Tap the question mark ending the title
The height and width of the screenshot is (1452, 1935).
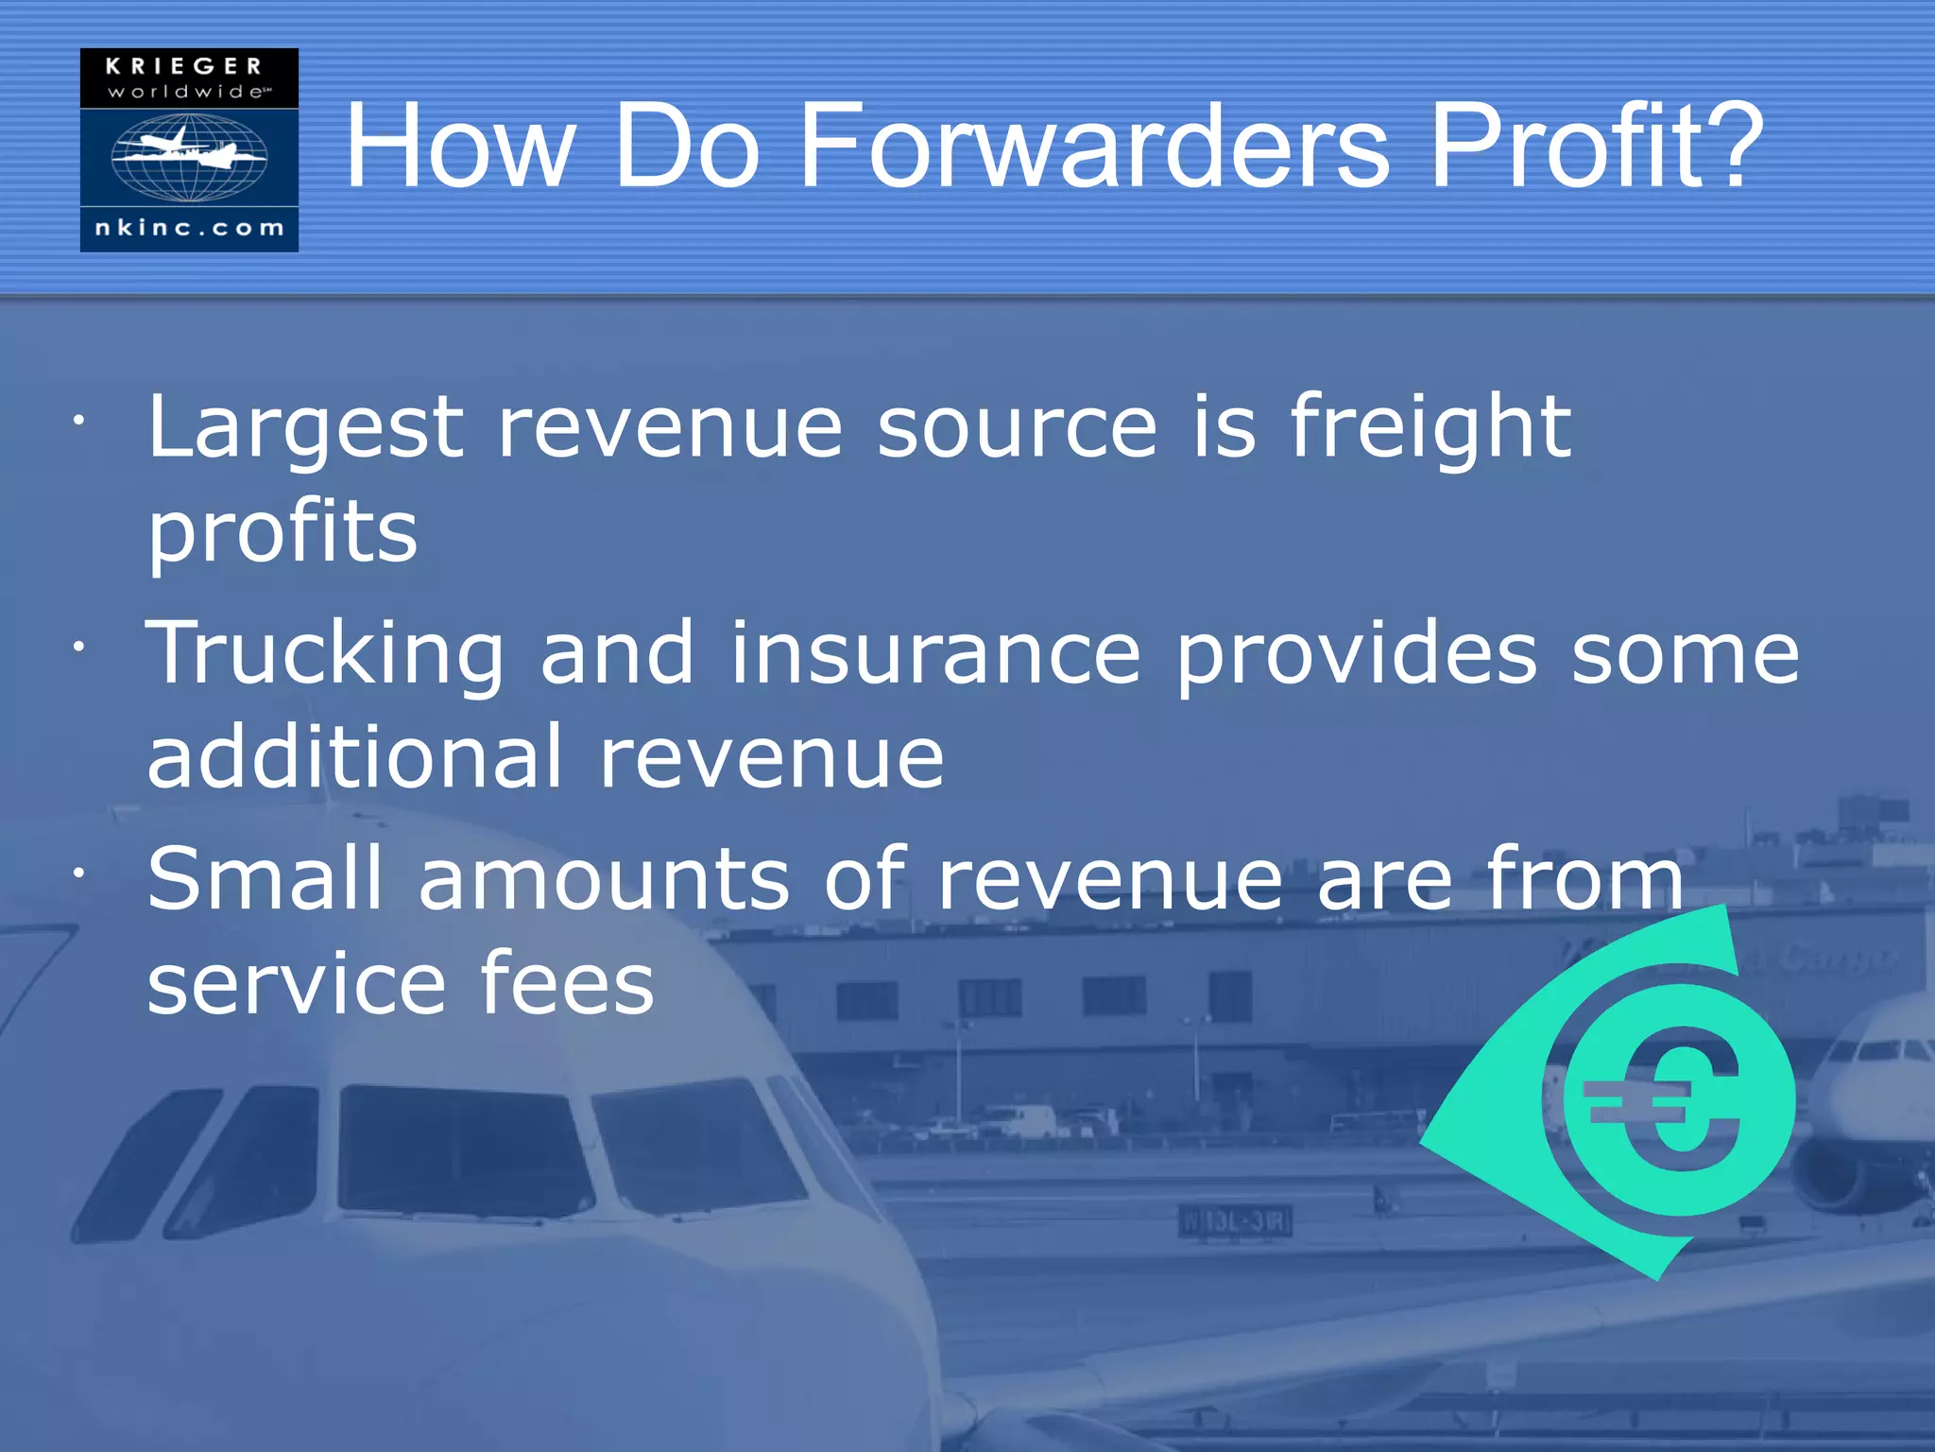pos(1733,147)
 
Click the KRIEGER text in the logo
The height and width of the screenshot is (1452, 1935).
pos(184,66)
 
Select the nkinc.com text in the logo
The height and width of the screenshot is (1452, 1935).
pos(189,228)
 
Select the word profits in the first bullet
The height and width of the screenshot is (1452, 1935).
pos(283,534)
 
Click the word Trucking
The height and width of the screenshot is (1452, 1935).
pos(324,654)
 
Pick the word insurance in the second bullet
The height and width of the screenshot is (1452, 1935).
pos(935,654)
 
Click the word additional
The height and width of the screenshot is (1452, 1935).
pos(355,758)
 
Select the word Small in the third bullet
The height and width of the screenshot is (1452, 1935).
pos(265,880)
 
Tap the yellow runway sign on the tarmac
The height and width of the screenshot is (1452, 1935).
pos(1235,1221)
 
